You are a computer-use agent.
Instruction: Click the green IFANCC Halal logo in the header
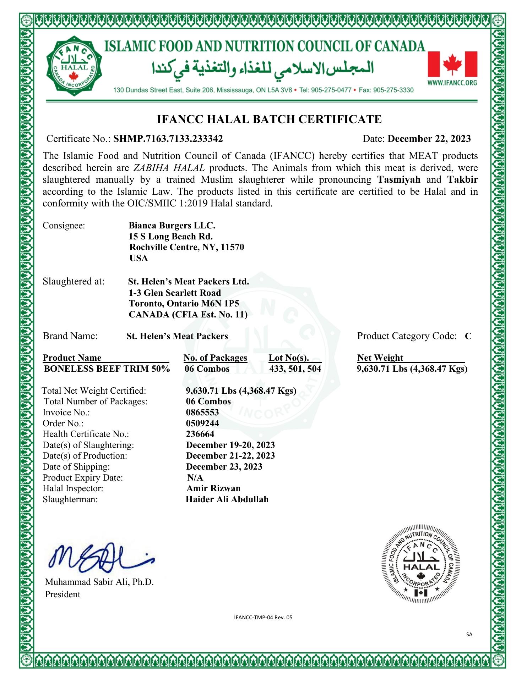tap(74, 66)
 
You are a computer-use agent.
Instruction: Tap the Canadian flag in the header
tap(452, 64)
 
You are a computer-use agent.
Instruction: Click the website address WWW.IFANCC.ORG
tap(452, 83)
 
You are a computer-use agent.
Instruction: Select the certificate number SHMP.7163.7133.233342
tap(168, 139)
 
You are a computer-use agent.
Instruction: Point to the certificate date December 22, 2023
tap(429, 139)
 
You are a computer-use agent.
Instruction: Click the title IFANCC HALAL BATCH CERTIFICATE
tap(269, 119)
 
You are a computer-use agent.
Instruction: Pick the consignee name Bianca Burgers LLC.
tap(172, 226)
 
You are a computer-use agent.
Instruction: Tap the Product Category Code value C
tap(468, 336)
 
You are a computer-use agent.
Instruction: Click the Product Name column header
tap(72, 358)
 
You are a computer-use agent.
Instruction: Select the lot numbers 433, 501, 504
tap(295, 369)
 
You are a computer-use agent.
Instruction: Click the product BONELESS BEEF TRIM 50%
tap(107, 369)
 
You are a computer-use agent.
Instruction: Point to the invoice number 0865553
tap(202, 413)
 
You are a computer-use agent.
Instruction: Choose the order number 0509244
tap(202, 423)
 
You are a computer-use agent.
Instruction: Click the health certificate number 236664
tap(200, 434)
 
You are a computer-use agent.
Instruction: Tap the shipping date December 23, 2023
tap(224, 467)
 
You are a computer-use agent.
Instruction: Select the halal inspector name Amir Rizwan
tap(213, 488)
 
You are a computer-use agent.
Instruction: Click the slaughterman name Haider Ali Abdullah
tap(227, 499)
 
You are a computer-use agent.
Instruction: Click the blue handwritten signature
tap(101, 558)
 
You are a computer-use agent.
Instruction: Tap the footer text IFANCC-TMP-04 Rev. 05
tap(263, 618)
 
